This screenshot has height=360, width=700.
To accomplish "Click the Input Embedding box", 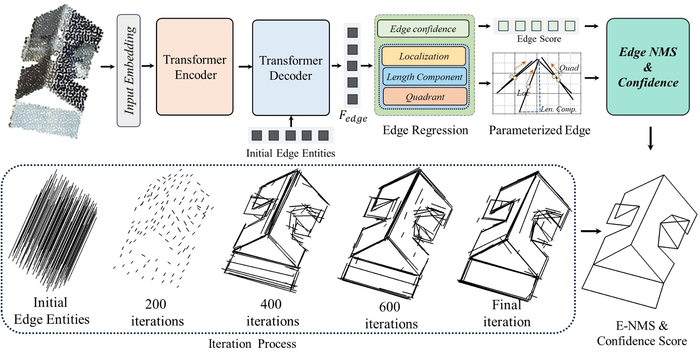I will click(129, 71).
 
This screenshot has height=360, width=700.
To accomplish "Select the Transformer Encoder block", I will click(194, 67).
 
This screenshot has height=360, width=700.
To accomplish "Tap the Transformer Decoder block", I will click(291, 68).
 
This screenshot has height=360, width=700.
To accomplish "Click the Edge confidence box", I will click(423, 29).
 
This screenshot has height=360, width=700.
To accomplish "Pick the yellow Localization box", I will click(424, 56).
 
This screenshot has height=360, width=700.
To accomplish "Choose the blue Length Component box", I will click(424, 77).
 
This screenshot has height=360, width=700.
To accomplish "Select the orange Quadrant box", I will click(425, 97).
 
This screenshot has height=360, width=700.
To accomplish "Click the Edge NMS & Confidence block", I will click(648, 67).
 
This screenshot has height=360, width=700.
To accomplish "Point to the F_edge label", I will click(353, 117).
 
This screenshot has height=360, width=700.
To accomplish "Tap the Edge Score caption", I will click(538, 39).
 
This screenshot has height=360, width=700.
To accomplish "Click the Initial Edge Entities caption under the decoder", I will click(291, 153).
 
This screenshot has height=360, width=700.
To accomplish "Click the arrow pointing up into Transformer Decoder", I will click(291, 121).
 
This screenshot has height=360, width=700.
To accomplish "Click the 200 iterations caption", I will click(157, 313).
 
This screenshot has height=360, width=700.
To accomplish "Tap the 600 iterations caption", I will click(391, 315).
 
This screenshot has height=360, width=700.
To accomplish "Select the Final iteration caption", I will click(506, 313).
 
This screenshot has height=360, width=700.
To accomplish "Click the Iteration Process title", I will click(252, 344).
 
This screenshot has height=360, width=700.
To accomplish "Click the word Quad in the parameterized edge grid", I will click(569, 68).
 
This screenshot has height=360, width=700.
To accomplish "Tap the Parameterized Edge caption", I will click(539, 130).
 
